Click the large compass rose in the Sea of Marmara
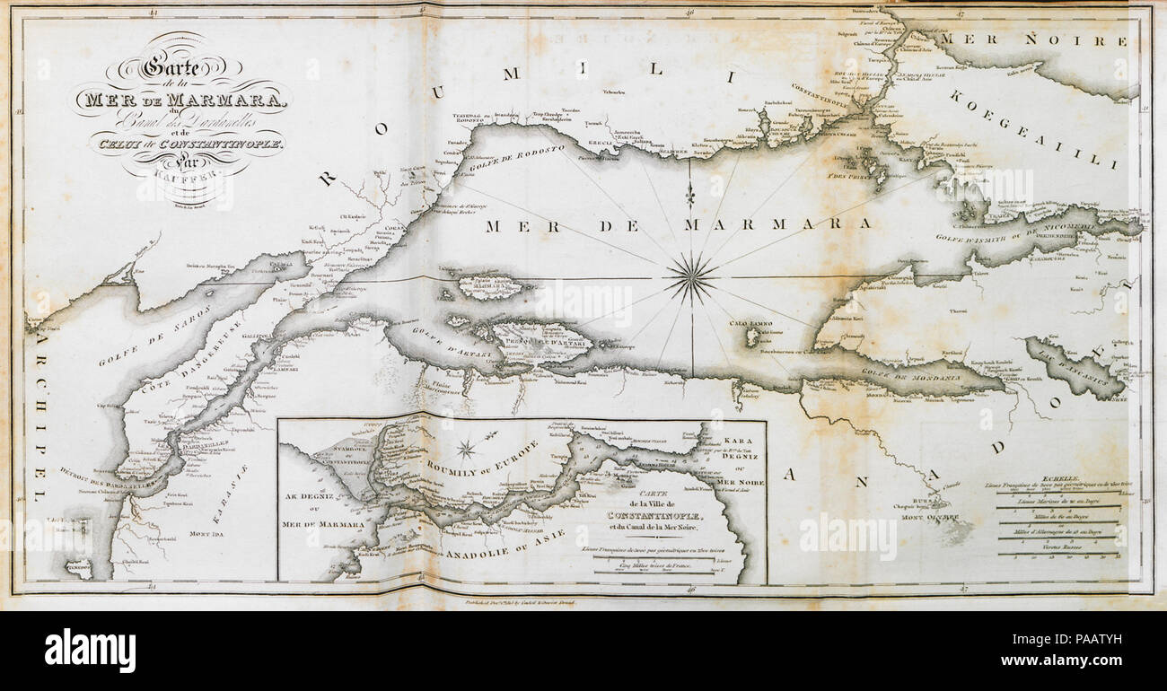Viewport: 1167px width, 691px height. [691, 277]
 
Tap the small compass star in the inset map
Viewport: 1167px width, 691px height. [467, 448]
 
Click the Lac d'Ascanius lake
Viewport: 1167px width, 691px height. [1073, 368]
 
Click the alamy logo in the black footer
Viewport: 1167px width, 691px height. [90, 650]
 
